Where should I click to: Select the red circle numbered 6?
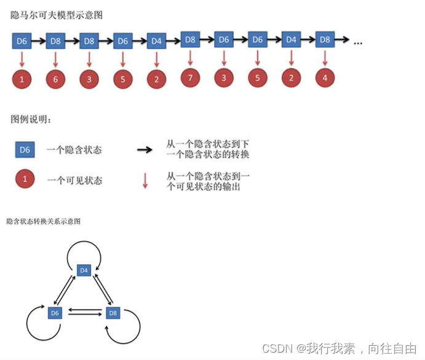point(55,79)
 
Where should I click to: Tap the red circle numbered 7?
point(190,78)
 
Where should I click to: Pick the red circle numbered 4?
point(325,78)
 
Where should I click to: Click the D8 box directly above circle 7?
point(190,39)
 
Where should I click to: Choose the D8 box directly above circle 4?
point(325,39)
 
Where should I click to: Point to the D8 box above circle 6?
point(55,41)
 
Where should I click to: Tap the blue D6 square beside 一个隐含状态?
point(25,149)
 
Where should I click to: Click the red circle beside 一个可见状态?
point(25,180)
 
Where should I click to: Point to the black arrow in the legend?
point(145,149)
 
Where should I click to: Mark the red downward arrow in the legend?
point(145,180)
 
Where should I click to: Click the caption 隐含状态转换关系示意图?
point(43,221)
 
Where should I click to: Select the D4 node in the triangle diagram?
point(84,270)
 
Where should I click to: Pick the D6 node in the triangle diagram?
point(55,313)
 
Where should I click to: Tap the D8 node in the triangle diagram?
point(113,313)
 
